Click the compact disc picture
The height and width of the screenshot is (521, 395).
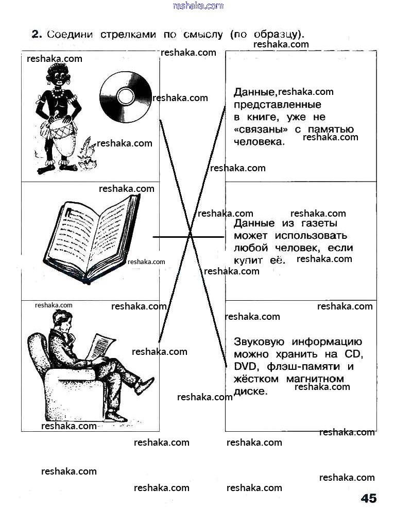click(x=125, y=96)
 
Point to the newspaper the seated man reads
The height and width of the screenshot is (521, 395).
click(x=100, y=345)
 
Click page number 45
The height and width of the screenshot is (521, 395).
click(x=368, y=498)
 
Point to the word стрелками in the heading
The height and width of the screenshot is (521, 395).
click(x=129, y=35)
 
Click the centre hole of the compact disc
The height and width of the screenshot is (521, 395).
click(x=125, y=96)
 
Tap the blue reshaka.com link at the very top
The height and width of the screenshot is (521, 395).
click(x=198, y=6)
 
